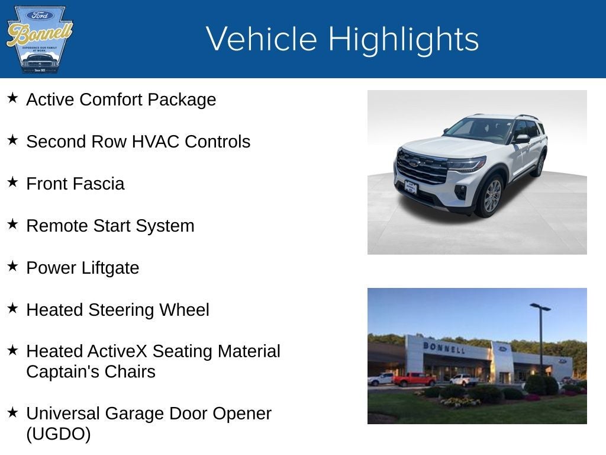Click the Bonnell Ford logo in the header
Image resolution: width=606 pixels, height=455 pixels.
tap(39, 39)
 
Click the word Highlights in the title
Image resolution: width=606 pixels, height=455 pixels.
tap(403, 39)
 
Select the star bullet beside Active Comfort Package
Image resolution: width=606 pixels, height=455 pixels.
tap(12, 98)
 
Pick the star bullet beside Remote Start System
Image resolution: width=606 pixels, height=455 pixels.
tap(12, 224)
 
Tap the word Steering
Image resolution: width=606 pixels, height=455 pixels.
tap(123, 310)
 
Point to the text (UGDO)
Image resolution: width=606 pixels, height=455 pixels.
tap(59, 434)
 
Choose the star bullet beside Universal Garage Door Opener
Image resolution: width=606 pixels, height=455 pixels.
tap(12, 412)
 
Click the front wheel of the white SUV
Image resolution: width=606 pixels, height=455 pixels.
tap(492, 196)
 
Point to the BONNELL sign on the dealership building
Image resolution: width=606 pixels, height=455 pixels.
tap(444, 348)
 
